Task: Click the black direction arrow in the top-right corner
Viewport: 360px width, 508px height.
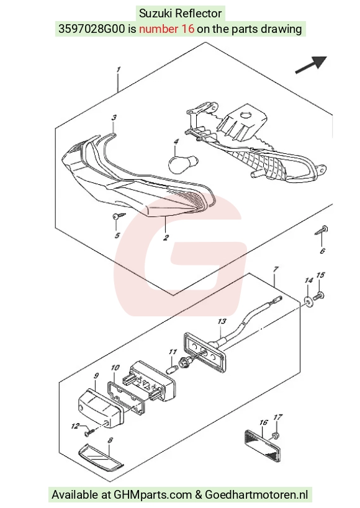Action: point(311,65)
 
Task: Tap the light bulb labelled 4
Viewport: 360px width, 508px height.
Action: point(182,163)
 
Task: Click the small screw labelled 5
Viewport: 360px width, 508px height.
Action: point(118,216)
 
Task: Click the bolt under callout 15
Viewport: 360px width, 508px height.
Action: point(319,296)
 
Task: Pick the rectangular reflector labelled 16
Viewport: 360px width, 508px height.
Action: point(262,445)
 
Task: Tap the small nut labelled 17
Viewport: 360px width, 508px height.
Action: point(276,436)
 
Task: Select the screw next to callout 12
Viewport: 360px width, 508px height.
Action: point(89,432)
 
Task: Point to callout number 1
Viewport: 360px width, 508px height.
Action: point(119,69)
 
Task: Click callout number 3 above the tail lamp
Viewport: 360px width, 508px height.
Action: point(114,117)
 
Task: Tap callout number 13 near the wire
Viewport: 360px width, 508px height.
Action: point(222,321)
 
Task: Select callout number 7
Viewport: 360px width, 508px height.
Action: point(276,269)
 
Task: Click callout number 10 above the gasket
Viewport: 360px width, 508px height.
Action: point(115,367)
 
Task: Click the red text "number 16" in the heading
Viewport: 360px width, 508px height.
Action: point(167,29)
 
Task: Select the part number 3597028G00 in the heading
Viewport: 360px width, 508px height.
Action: point(91,29)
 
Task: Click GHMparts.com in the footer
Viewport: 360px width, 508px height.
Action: point(153,495)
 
